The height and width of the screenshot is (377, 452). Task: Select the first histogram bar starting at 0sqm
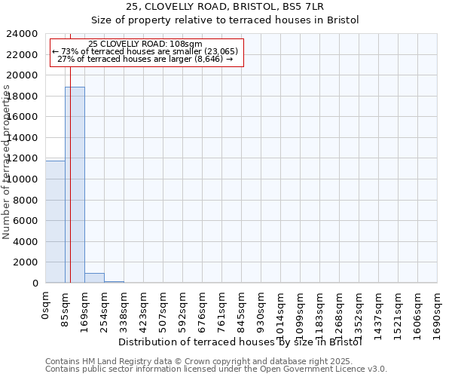55,222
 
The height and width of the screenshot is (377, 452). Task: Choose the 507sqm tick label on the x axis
163,308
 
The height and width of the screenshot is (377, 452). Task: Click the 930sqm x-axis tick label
261,308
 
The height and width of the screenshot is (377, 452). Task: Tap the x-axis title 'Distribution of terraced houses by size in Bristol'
240,342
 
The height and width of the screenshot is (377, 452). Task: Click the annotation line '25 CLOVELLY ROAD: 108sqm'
145,44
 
